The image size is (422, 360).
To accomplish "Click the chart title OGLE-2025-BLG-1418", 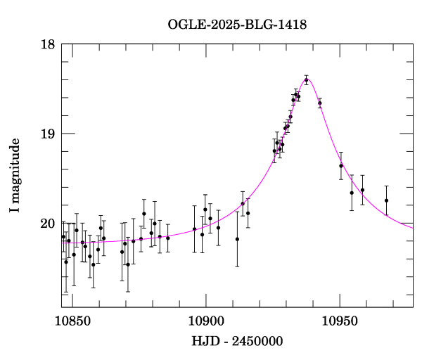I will pos(238,25).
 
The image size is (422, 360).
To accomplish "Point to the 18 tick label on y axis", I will pos(48,44).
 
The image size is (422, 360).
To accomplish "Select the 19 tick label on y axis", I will pos(48,134).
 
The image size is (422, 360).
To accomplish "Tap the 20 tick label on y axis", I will pos(48,224).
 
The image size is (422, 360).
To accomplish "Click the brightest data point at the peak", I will pos(306,80).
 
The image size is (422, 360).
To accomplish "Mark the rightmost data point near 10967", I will pos(386,200).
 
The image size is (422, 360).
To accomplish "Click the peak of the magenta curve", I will pos(307,78).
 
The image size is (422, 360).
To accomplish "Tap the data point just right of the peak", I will pos(319,103).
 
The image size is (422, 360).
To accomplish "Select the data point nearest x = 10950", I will pos(340,166).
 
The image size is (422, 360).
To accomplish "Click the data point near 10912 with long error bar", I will pos(237,239).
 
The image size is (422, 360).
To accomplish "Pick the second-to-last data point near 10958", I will pos(362,190).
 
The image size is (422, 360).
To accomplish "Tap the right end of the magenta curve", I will pos(413,227).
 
